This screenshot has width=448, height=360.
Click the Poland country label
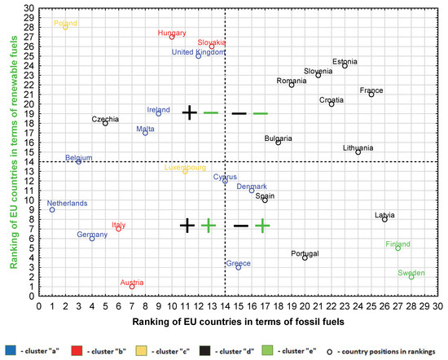tap(66, 24)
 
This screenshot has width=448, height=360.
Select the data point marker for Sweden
tap(411, 277)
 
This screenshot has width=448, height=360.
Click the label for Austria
tap(132, 282)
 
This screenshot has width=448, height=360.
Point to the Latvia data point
tap(384, 219)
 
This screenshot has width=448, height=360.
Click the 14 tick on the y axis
tap(32, 161)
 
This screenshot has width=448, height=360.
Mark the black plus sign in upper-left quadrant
tap(189, 112)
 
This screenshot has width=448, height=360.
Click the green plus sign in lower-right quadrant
tap(262, 226)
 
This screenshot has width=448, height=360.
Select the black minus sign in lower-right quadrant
tap(241, 226)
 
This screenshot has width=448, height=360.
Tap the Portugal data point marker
tap(305, 257)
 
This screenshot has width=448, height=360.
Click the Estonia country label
tap(345, 61)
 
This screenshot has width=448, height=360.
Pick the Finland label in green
tap(397, 244)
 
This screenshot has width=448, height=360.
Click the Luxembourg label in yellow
tap(185, 167)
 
